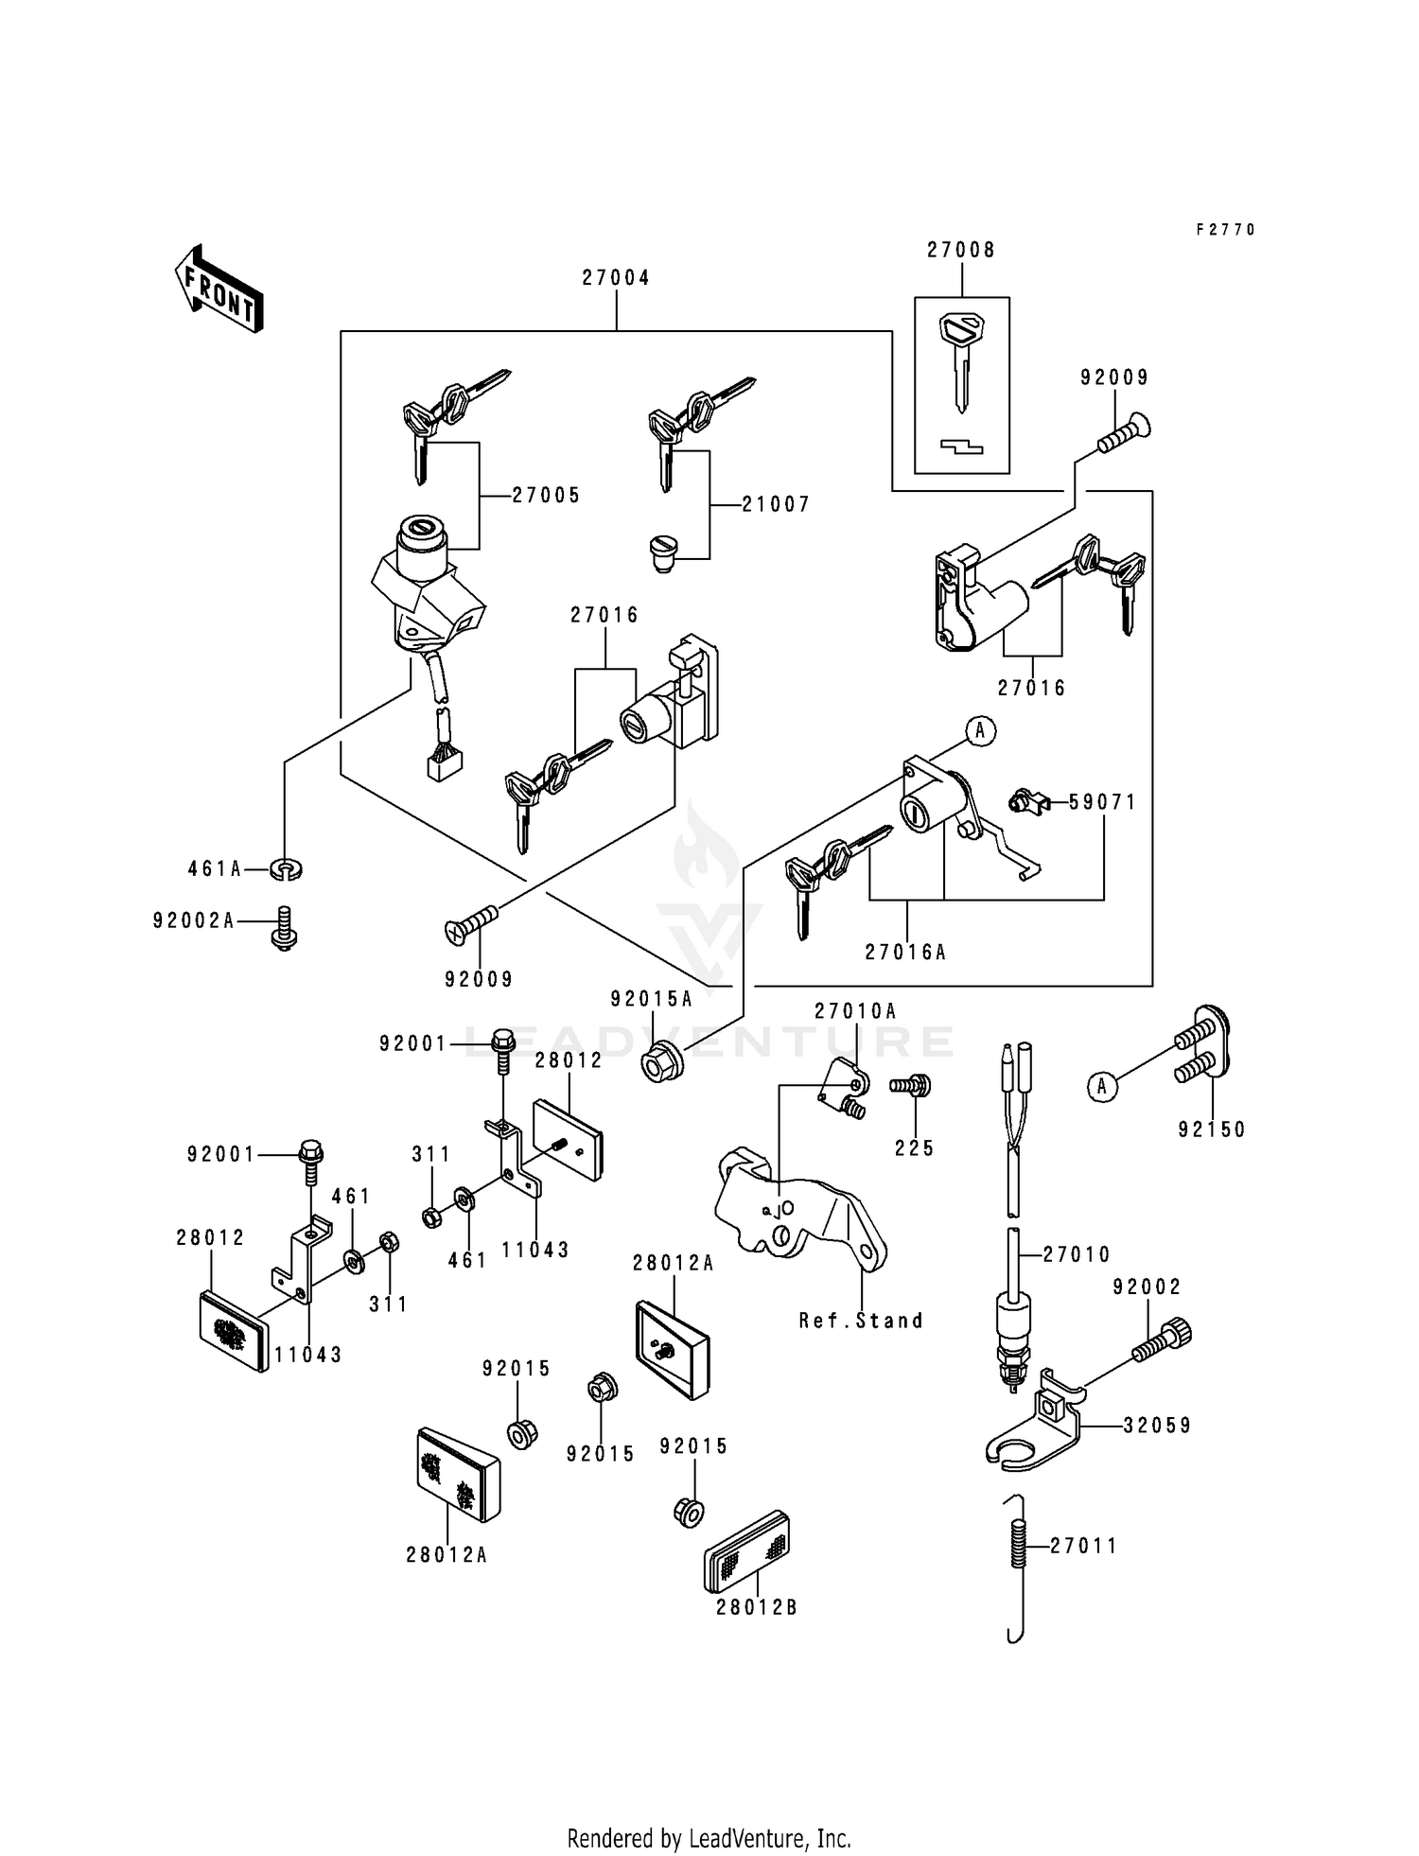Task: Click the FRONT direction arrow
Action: (x=218, y=289)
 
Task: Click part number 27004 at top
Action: (x=616, y=278)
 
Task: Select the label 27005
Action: (x=546, y=496)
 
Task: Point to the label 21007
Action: (x=776, y=505)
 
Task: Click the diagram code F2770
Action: (x=1225, y=230)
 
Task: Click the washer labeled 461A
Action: (x=287, y=868)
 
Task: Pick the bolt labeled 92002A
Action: (x=283, y=928)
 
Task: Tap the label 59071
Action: (x=1103, y=802)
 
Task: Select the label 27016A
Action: (x=905, y=953)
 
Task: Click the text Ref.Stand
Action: (x=860, y=1321)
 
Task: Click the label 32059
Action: (x=1157, y=1426)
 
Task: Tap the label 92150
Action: (x=1212, y=1129)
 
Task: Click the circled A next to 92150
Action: (x=1101, y=1087)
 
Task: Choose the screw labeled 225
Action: (x=912, y=1085)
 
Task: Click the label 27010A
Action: (x=855, y=1011)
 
